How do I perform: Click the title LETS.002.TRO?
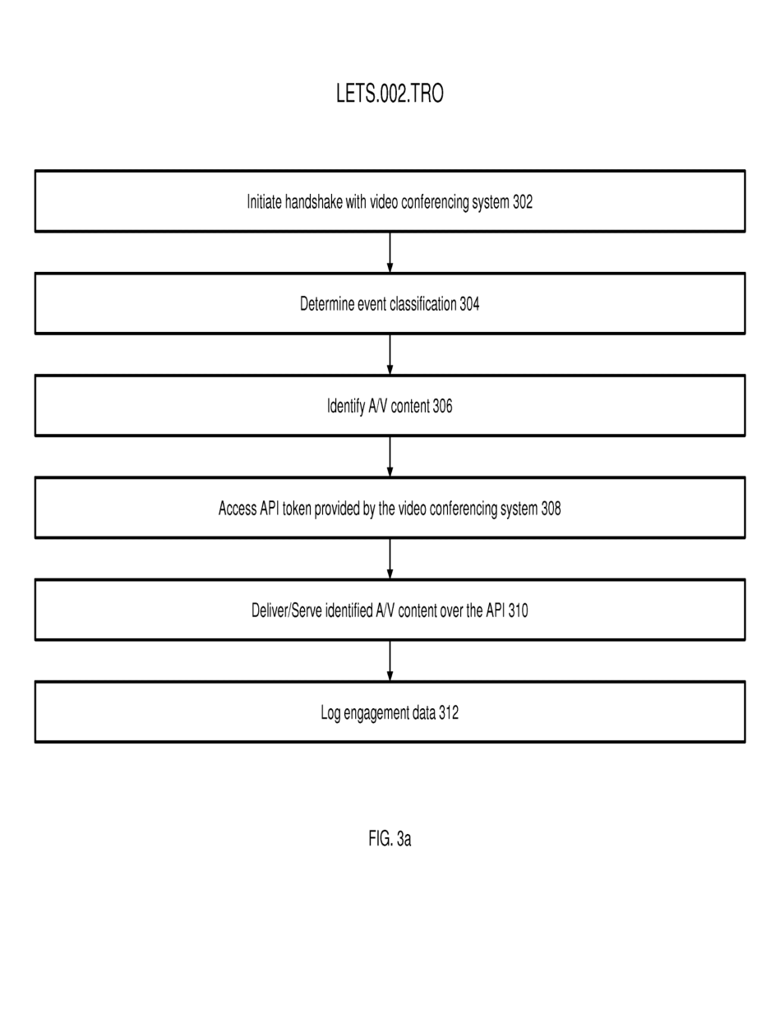point(390,94)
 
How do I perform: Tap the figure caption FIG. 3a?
point(390,839)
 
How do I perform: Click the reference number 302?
point(523,201)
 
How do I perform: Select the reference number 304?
point(469,304)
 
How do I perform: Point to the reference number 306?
point(442,406)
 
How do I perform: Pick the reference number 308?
point(552,508)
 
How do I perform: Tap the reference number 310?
point(518,610)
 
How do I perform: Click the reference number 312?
point(449,712)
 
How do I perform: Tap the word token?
point(297,508)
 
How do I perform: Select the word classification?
point(423,304)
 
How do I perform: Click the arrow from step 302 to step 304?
point(390,252)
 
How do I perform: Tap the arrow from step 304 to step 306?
point(390,354)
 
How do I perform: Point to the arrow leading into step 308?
point(390,457)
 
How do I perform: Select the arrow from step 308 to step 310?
point(390,559)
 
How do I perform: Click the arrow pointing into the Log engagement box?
point(390,661)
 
